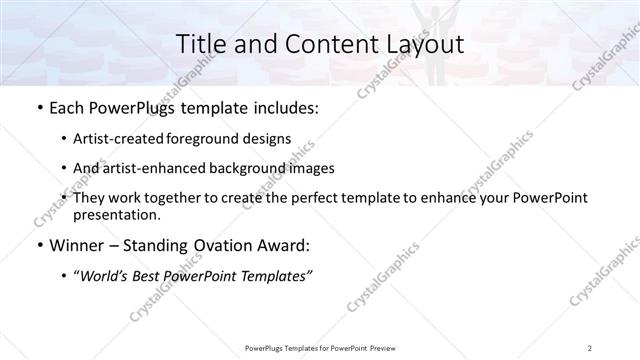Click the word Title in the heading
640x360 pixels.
click(200, 44)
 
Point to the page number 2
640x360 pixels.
click(591, 347)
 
